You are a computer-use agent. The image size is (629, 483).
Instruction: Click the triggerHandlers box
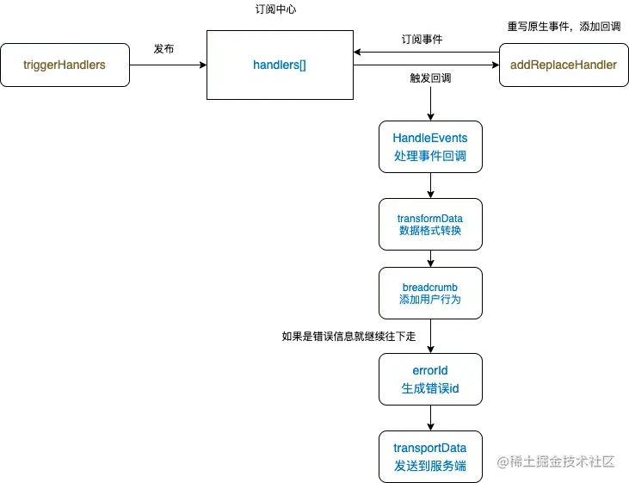pos(65,65)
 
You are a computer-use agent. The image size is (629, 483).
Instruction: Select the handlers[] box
pos(280,65)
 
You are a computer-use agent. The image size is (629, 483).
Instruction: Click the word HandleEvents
pos(430,138)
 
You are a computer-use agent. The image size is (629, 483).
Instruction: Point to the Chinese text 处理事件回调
pos(430,156)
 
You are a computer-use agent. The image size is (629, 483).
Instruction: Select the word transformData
pos(430,218)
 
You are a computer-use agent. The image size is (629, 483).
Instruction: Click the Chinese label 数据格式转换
pos(430,231)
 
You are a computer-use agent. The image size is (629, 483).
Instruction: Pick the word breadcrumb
pos(430,287)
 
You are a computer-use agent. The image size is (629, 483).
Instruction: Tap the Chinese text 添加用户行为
pos(430,300)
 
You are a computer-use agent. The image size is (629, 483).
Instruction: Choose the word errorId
pos(430,371)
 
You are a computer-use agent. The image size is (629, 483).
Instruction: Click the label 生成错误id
pos(430,388)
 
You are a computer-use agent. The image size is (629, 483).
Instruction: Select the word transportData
pos(430,448)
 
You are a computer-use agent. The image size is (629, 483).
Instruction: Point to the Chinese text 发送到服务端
pos(430,466)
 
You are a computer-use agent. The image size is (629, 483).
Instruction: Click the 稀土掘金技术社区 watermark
pos(560,461)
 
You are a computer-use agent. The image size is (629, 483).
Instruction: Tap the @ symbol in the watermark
pos(500,461)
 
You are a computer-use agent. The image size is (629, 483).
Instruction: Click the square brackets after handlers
pos(301,65)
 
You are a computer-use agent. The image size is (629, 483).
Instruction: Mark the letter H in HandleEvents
pos(398,138)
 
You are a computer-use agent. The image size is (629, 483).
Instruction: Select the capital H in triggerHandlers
pos(59,65)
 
